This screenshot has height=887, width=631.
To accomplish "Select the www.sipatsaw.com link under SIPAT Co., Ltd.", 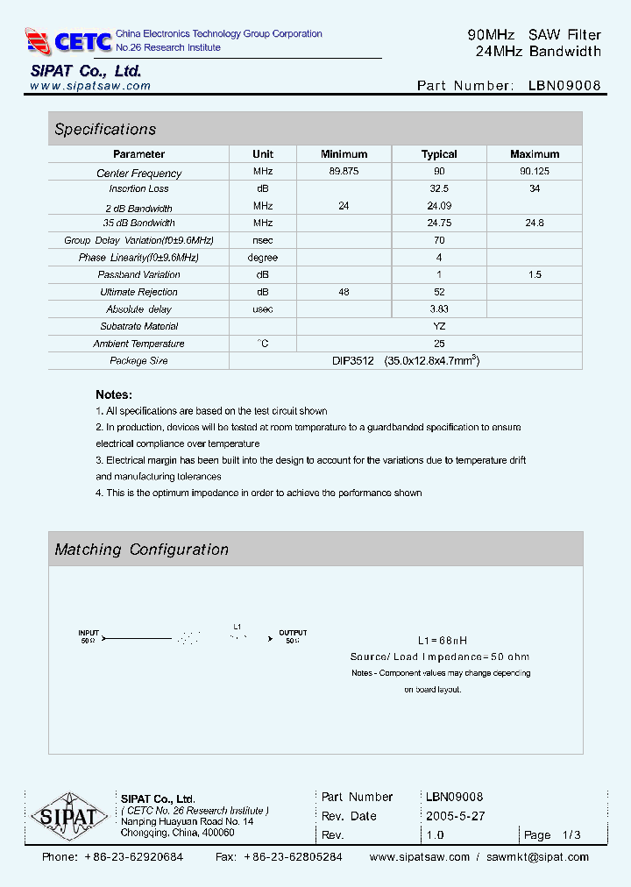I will pyautogui.click(x=90, y=86).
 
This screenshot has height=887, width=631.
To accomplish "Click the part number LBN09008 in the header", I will pyautogui.click(x=564, y=86).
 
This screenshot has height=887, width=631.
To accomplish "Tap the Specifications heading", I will pyautogui.click(x=105, y=129).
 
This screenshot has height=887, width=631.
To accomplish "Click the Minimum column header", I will pyautogui.click(x=344, y=154).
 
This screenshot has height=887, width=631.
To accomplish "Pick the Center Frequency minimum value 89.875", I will pyautogui.click(x=344, y=172).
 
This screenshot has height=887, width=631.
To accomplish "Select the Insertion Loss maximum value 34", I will pyautogui.click(x=535, y=188).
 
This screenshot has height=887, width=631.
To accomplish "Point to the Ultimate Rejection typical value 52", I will pyautogui.click(x=439, y=292).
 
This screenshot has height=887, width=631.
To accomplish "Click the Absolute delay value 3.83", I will pyautogui.click(x=439, y=309).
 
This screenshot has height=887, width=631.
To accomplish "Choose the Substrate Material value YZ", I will pyautogui.click(x=439, y=326).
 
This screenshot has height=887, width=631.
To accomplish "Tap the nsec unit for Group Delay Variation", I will pyautogui.click(x=263, y=240).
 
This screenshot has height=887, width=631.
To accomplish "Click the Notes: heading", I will pyautogui.click(x=114, y=394).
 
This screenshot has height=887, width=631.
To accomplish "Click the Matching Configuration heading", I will pyautogui.click(x=141, y=550).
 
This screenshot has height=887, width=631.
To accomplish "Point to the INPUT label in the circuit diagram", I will pyautogui.click(x=89, y=632).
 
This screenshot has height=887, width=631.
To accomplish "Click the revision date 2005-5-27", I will pyautogui.click(x=456, y=816).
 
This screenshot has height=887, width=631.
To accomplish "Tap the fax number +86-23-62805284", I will pyautogui.click(x=293, y=857).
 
